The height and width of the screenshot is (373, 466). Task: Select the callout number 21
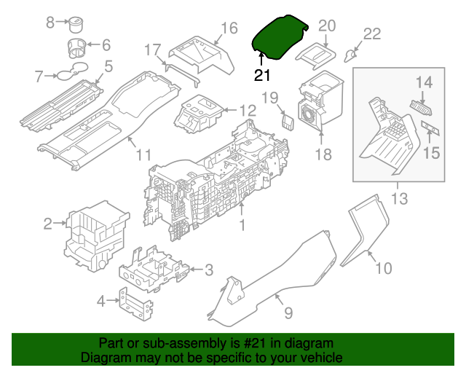(262, 74)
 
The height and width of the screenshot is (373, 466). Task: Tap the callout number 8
(50, 23)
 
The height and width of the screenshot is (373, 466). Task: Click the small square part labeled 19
(287, 119)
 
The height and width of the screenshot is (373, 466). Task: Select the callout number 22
(371, 34)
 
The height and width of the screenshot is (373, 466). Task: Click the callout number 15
(432, 153)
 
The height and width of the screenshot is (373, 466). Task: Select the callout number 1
(242, 227)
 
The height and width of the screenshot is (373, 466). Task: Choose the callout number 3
(208, 271)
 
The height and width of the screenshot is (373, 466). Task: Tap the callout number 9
(288, 313)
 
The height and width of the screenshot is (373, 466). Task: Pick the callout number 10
(383, 269)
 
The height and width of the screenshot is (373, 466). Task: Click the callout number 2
(48, 224)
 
